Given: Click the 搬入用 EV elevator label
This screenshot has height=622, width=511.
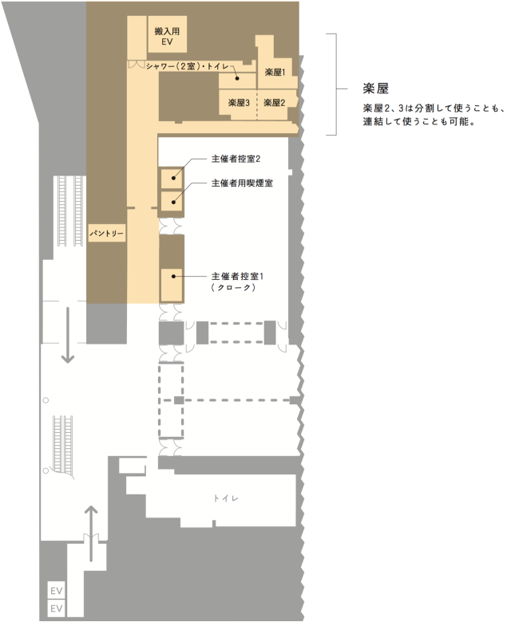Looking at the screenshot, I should pyautogui.click(x=168, y=35).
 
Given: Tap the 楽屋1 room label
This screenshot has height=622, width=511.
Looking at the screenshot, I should pyautogui.click(x=275, y=73).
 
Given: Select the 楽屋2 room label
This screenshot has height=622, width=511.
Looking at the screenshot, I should pyautogui.click(x=274, y=103).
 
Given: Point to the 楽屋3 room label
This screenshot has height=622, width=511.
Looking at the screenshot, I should pyautogui.click(x=239, y=103).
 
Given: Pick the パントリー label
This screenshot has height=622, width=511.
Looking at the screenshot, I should pyautogui.click(x=106, y=232).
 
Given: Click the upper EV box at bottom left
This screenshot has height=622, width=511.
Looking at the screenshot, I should pyautogui.click(x=57, y=591).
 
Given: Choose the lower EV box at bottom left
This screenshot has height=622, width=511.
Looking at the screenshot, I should pyautogui.click(x=57, y=608).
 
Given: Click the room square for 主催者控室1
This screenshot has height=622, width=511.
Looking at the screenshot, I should pyautogui.click(x=172, y=285).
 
